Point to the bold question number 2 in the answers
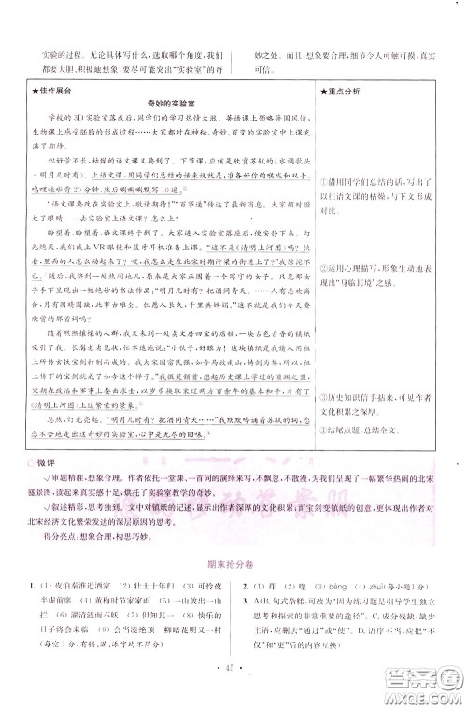(x=244, y=610)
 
